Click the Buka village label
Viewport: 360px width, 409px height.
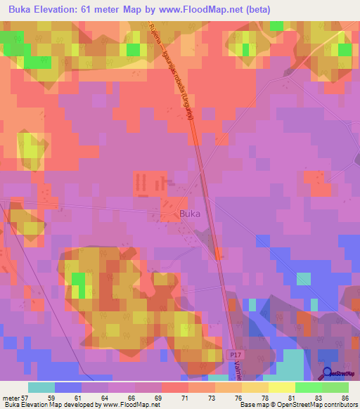pos(190,214)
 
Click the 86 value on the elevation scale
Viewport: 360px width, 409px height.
pos(345,398)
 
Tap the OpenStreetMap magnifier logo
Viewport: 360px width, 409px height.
pos(328,373)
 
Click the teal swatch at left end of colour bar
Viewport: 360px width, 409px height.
pos(41,387)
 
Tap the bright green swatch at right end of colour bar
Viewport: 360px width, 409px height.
pos(335,387)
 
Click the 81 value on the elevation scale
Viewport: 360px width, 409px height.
pos(291,398)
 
